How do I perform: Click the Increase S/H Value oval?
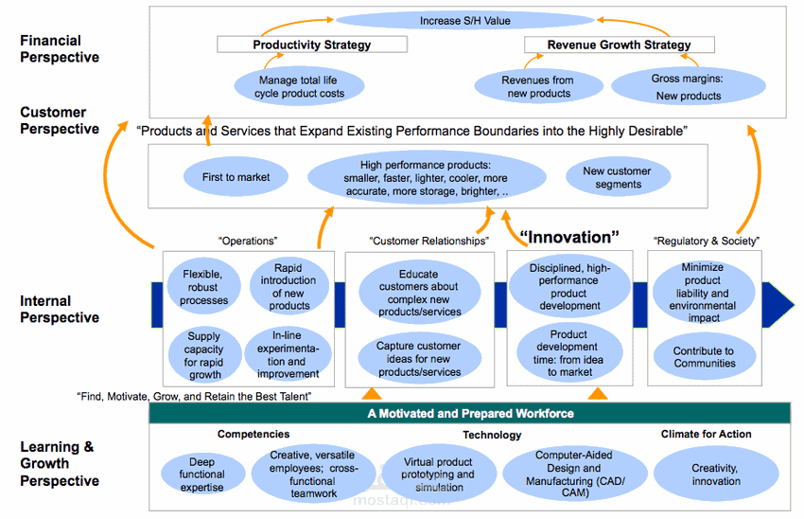pos(464,20)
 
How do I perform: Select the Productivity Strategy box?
pos(312,45)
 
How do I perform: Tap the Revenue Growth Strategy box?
pos(619,45)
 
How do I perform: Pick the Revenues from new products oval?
pos(537,87)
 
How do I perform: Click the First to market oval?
pos(236,177)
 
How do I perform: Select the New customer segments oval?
pos(620,177)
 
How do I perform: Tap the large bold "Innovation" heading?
pos(569,237)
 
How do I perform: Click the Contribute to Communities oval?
pos(704,357)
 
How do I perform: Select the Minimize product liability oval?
pos(704,293)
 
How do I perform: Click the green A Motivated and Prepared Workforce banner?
pos(470,413)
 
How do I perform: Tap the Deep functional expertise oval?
pos(201,474)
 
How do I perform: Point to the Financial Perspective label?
pos(60,48)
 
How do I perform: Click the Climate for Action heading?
pos(706,435)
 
